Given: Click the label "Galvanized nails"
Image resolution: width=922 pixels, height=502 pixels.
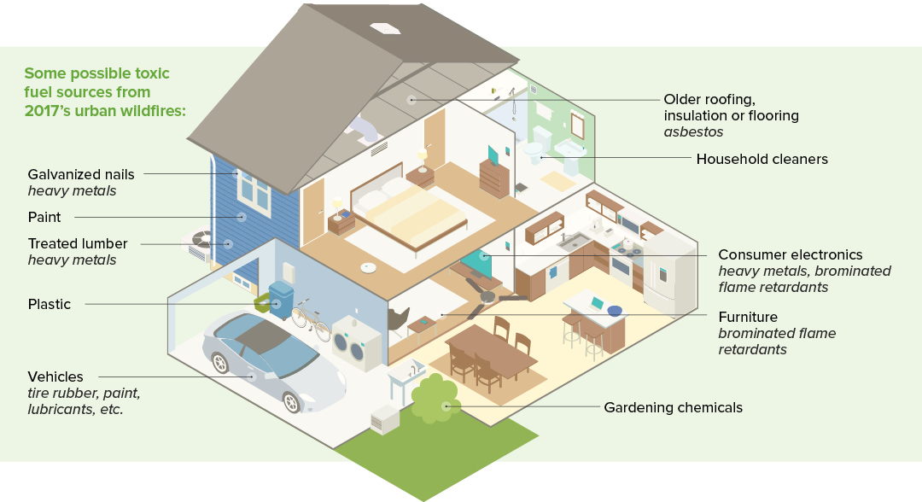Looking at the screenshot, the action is click(81, 174).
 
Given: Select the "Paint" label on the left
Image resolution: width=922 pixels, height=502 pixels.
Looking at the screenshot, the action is click(44, 217).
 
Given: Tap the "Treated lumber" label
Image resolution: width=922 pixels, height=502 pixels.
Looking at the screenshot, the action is click(78, 243).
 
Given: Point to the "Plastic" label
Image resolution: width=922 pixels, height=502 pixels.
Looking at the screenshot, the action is click(50, 304).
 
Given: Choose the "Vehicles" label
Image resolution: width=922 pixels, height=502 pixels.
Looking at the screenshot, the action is click(55, 376).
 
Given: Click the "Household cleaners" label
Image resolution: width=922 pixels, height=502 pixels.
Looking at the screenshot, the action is click(762, 159).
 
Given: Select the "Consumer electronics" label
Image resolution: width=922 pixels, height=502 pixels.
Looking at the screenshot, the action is click(791, 254).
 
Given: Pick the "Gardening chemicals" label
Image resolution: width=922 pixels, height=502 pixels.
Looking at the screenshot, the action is click(674, 407).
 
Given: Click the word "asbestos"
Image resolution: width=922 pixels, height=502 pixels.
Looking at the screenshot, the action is click(693, 131).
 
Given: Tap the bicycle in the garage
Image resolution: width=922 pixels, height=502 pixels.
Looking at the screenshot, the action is click(311, 320).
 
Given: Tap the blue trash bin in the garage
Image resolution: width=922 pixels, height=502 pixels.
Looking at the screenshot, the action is click(281, 300).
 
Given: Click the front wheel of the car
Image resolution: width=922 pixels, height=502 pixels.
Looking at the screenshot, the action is click(292, 402).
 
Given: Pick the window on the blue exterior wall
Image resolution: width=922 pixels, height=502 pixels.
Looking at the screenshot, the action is click(254, 191).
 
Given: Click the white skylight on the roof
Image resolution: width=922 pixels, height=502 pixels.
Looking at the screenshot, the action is click(384, 27).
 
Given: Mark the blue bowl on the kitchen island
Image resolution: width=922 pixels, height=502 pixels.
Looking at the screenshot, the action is click(615, 311).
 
